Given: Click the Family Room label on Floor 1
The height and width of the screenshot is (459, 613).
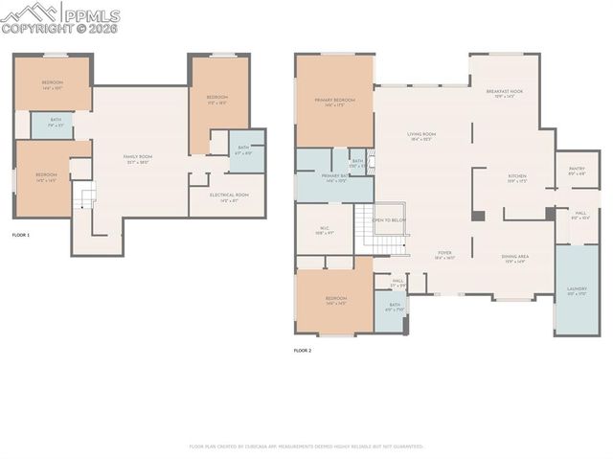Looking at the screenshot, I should (x=138, y=157).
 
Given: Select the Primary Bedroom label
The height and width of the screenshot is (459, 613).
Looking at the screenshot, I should (x=334, y=102).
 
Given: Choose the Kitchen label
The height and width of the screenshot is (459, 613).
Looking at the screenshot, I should (x=517, y=177).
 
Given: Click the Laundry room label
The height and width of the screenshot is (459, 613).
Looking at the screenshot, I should (x=577, y=289).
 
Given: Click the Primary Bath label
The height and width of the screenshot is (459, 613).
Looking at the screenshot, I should (x=334, y=178).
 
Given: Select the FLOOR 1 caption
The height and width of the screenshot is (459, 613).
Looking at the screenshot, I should (x=21, y=235).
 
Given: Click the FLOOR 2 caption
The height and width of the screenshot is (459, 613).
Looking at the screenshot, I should (x=303, y=351).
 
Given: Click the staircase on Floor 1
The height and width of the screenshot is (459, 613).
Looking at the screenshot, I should (x=88, y=199).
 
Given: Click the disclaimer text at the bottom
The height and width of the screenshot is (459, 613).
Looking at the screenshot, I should (x=306, y=447).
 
